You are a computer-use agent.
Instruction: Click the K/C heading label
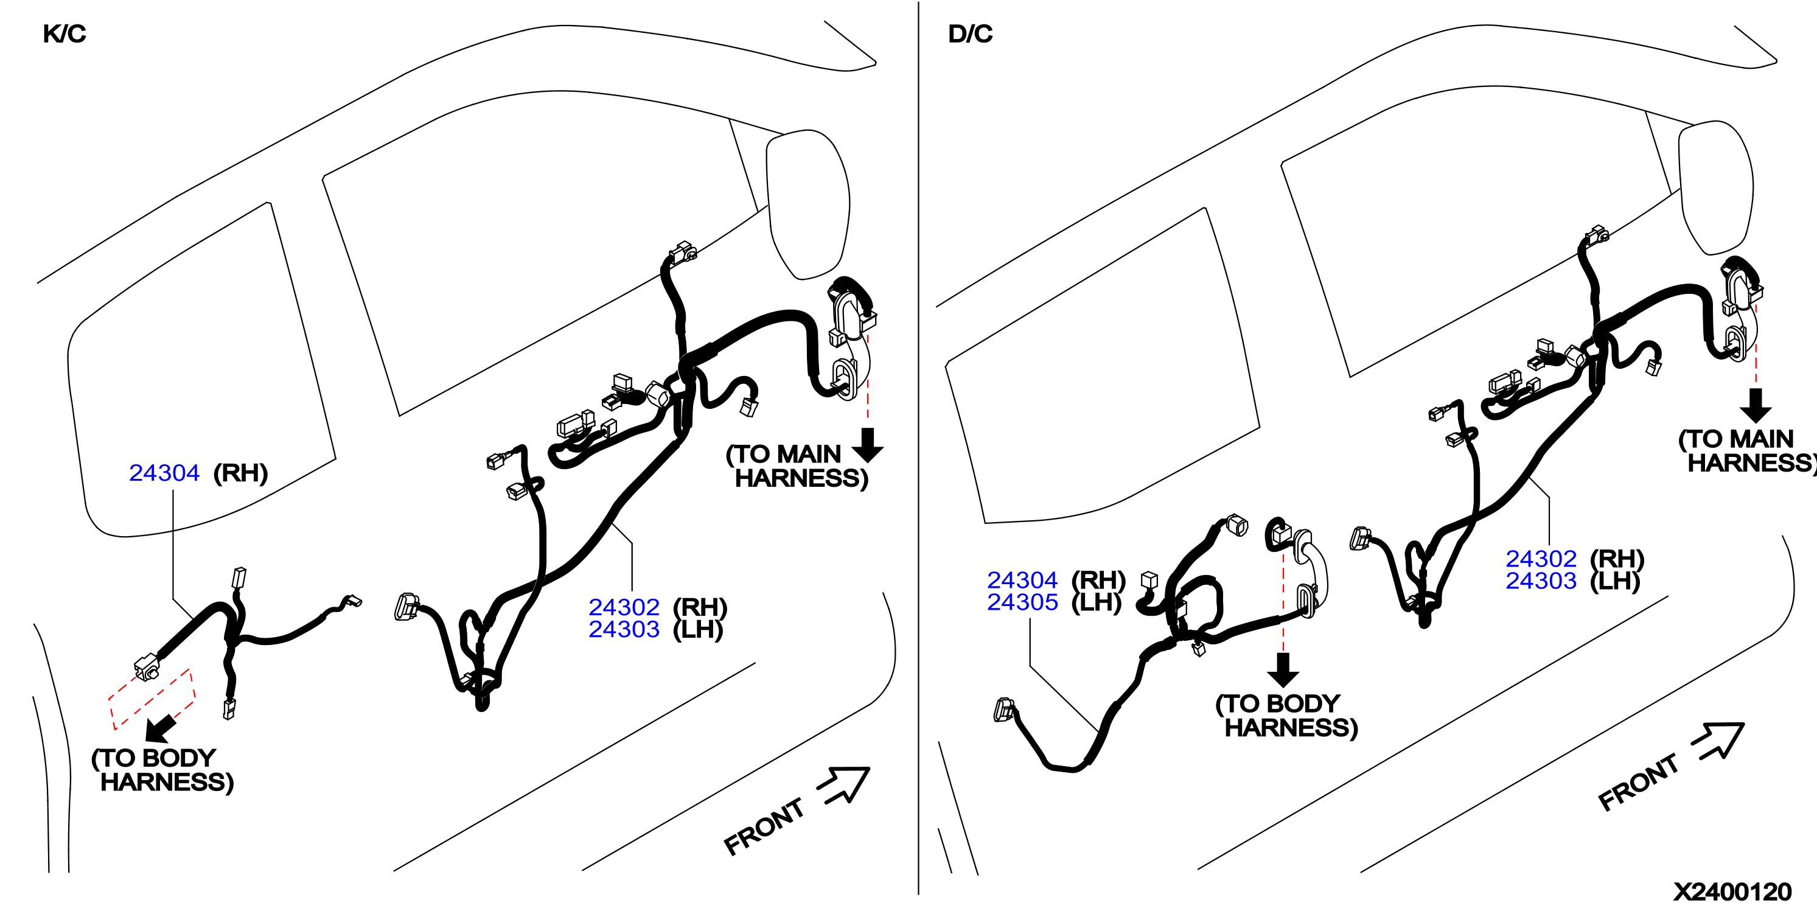point(64,34)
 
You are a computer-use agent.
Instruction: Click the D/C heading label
point(970,34)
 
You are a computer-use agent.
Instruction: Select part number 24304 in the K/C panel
point(164,473)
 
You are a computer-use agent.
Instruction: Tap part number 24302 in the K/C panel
point(624,607)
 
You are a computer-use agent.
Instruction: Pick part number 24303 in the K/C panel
point(624,629)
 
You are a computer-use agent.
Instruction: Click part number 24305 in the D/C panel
point(1022,602)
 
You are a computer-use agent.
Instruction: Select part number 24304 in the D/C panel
point(1022,580)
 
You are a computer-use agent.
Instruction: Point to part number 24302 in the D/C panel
point(1541,559)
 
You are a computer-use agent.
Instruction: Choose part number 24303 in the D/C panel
point(1541,581)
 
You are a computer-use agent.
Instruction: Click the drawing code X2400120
point(1732,891)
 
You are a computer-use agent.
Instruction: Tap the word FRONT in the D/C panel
point(1638,782)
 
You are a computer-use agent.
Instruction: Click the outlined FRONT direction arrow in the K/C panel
point(845,784)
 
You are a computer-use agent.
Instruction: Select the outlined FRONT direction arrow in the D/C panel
point(1719,740)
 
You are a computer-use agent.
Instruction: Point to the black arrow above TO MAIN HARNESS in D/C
point(1756,405)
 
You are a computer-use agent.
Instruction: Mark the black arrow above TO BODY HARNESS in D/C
point(1283,669)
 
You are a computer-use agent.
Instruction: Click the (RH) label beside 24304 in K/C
point(240,473)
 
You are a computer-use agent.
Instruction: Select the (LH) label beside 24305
point(1097,602)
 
